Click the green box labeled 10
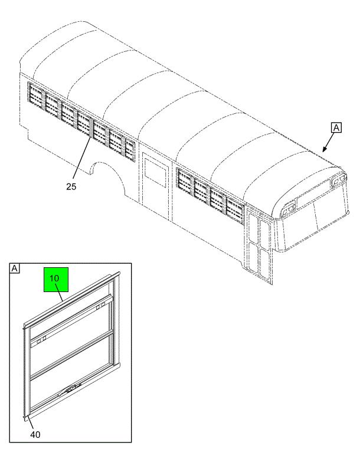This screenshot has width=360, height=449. click(x=56, y=280)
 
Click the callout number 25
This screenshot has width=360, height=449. click(x=71, y=186)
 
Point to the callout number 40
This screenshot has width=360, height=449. click(x=35, y=435)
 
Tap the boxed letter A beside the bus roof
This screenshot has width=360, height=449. click(x=336, y=127)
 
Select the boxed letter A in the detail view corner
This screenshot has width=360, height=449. click(x=14, y=268)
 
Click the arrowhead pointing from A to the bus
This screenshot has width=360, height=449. click(x=325, y=149)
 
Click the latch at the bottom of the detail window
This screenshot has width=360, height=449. click(x=70, y=390)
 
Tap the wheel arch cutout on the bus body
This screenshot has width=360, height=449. click(x=107, y=176)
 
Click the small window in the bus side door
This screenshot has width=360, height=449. click(x=156, y=173)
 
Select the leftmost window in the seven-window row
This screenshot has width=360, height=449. click(x=35, y=93)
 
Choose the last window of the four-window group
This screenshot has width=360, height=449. click(x=235, y=211)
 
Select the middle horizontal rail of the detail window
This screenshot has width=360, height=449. click(x=71, y=355)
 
